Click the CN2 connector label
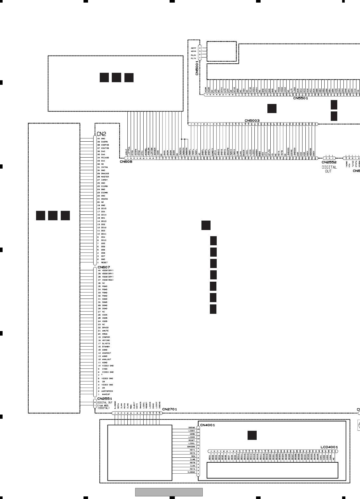tap(101, 134)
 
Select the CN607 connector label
tap(104, 267)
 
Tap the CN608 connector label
tap(126, 161)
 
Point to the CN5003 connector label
tap(252, 121)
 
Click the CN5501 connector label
tap(301, 98)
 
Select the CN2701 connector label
tap(170, 409)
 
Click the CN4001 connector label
tap(208, 425)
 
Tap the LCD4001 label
tap(329, 447)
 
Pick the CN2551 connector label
tap(105, 399)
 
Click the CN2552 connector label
tap(329, 162)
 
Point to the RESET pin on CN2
tap(104, 262)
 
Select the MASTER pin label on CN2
tap(105, 177)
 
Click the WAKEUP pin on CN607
tap(106, 394)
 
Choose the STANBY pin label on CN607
tap(106, 347)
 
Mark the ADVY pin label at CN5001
tap(193, 48)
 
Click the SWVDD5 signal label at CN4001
tap(191, 447)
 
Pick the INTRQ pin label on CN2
tap(104, 167)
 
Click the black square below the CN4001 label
tap(252, 435)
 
